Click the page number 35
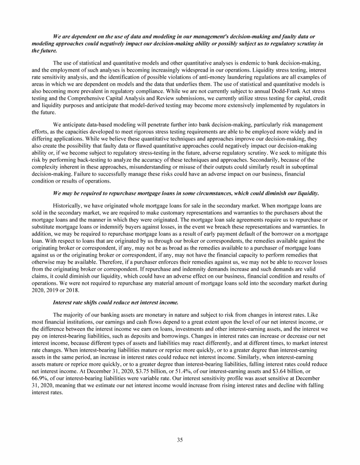180,440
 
